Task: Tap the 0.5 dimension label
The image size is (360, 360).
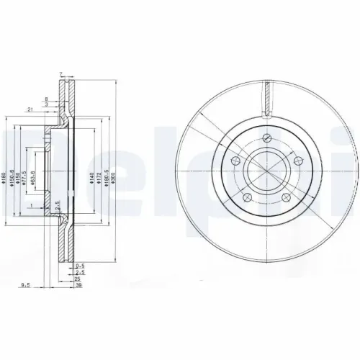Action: coord(81,266)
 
